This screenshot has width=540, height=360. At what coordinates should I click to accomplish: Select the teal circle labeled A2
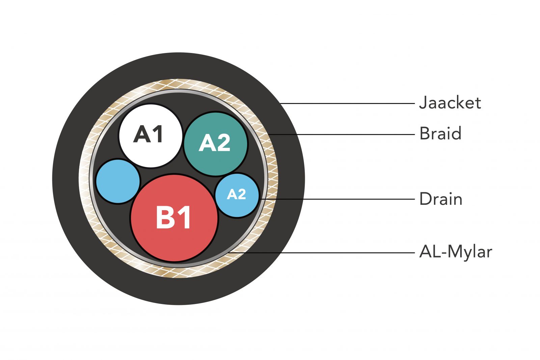point(216,144)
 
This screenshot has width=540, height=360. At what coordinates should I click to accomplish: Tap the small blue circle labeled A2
point(237,195)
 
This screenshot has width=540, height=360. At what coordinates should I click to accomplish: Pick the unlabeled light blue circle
point(118,181)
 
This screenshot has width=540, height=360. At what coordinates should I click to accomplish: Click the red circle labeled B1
point(174,218)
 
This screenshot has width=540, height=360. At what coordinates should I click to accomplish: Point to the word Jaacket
point(450,103)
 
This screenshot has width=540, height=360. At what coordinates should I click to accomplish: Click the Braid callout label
point(440,134)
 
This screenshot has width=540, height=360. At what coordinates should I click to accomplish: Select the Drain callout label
point(440,199)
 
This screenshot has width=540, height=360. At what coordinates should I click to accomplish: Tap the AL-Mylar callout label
point(455,252)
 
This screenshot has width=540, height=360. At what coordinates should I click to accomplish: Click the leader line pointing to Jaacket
point(348,104)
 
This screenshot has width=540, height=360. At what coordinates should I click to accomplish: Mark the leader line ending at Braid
point(341,134)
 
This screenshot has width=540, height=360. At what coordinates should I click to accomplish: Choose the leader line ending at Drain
point(337,199)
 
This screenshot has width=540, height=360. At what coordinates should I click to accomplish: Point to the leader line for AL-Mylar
point(321,252)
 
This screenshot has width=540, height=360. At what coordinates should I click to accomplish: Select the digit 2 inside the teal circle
point(223,143)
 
